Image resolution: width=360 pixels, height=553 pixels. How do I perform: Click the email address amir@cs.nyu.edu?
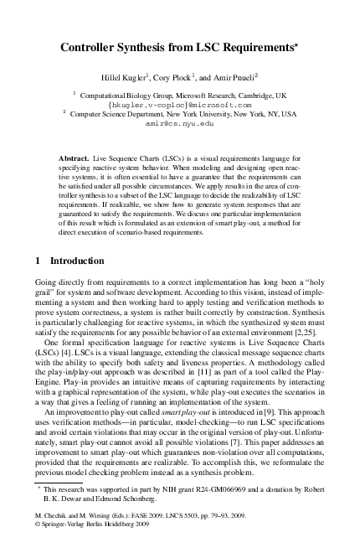coord(180,122)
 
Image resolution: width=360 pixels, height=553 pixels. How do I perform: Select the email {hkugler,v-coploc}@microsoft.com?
coord(180,105)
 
